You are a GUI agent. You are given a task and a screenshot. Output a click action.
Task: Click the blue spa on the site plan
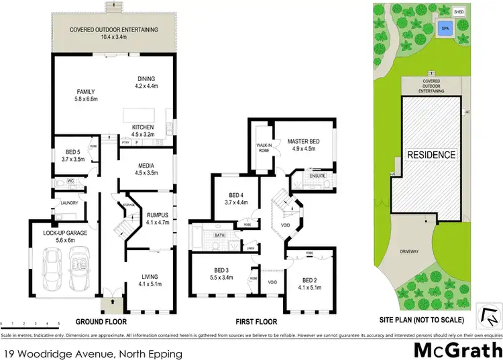click(x=444, y=28)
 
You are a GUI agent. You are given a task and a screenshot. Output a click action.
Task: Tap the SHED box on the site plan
click(x=459, y=12)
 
